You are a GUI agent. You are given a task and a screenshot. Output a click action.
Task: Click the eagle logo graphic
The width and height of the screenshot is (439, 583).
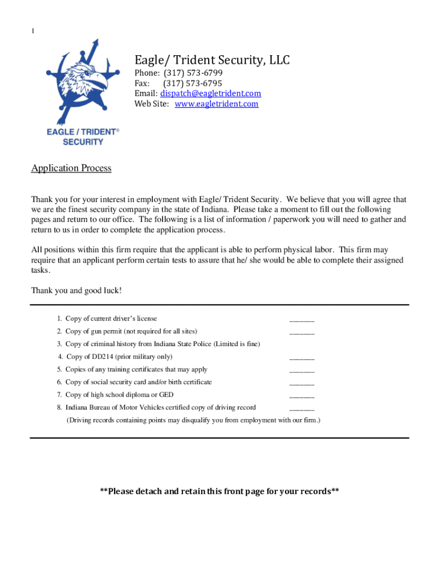pyautogui.click(x=83, y=80)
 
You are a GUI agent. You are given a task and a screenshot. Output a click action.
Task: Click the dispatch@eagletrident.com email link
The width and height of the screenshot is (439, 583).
pyautogui.click(x=210, y=93)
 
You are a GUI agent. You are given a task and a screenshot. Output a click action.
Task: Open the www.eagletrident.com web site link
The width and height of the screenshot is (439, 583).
pyautogui.click(x=216, y=104)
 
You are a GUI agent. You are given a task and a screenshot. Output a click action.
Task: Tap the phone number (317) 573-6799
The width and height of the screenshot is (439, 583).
pyautogui.click(x=193, y=73)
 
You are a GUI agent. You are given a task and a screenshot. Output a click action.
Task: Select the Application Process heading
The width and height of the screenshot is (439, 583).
pyautogui.click(x=71, y=168)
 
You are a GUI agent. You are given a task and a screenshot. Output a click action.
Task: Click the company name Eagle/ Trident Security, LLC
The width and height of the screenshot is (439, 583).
pyautogui.click(x=212, y=59)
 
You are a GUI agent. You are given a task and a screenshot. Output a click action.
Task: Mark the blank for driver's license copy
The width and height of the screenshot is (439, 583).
pyautogui.click(x=302, y=320)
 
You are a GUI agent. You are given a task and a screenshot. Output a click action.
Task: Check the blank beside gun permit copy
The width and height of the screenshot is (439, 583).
pyautogui.click(x=302, y=332)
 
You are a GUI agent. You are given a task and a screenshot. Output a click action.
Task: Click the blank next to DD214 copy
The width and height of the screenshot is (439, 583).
pyautogui.click(x=302, y=358)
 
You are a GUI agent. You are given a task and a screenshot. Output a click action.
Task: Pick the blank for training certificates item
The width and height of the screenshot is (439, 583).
pyautogui.click(x=302, y=371)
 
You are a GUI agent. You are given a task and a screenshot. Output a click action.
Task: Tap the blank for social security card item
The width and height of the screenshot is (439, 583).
pyautogui.click(x=302, y=383)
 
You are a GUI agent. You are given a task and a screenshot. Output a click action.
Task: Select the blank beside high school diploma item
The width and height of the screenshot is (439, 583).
pyautogui.click(x=302, y=396)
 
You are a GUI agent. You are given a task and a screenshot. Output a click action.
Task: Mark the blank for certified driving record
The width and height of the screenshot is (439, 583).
pyautogui.click(x=302, y=408)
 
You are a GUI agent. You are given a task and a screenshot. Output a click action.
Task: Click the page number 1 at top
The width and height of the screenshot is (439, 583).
pyautogui.click(x=32, y=31)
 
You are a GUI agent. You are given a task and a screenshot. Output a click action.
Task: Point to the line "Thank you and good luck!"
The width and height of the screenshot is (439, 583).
pyautogui.click(x=76, y=290)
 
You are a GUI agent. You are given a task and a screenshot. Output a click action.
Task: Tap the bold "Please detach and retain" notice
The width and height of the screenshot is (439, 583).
pyautogui.click(x=219, y=491)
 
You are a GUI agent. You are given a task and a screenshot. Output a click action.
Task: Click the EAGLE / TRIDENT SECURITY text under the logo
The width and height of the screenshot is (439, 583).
pyautogui.click(x=83, y=137)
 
